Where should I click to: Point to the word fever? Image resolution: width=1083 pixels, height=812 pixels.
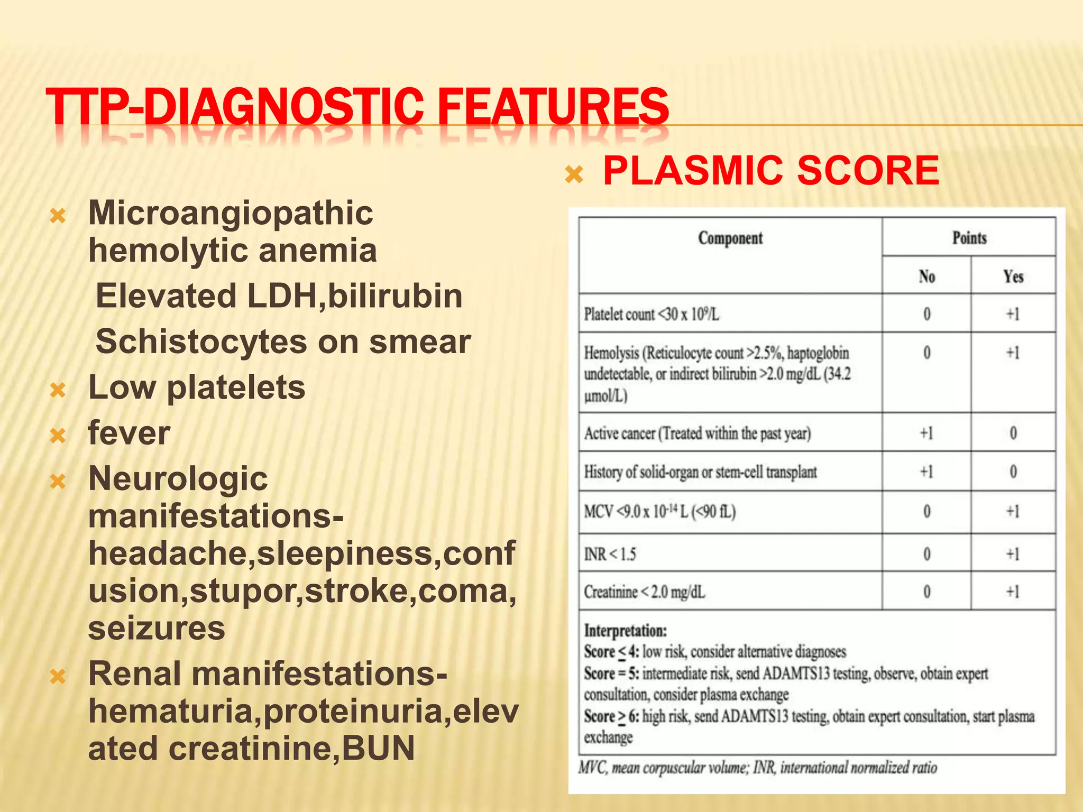click(129, 433)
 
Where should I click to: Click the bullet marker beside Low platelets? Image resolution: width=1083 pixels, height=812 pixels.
click(57, 390)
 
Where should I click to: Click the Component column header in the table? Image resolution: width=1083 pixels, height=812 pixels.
click(730, 238)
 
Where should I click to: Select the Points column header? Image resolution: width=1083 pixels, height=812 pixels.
click(969, 238)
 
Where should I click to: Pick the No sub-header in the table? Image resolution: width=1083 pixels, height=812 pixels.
click(926, 276)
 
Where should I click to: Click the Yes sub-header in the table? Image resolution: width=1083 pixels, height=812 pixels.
click(1013, 276)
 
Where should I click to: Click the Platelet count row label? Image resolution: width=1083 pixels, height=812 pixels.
click(651, 315)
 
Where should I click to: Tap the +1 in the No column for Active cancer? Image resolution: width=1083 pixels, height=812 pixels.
click(926, 433)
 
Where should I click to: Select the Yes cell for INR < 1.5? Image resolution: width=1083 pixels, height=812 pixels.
click(1013, 554)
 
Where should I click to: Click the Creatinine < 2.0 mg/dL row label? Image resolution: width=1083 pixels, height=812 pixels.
click(644, 592)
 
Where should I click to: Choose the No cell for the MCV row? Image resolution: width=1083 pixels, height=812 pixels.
click(926, 512)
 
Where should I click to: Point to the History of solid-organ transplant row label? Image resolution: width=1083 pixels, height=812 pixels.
click(700, 472)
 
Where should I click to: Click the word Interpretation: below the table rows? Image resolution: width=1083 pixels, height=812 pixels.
click(625, 631)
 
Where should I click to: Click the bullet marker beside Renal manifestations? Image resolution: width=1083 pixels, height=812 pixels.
click(57, 677)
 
